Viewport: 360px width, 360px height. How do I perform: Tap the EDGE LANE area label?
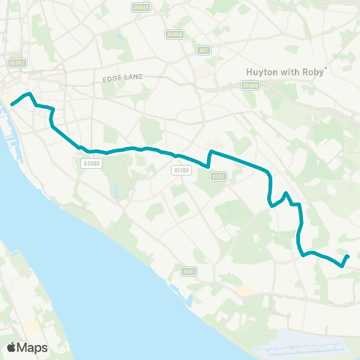(x=124, y=77)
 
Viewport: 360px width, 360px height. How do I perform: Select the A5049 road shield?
(x=139, y=7)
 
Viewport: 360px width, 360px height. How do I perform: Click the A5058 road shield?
(x=175, y=34)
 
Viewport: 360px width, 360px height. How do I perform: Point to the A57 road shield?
(x=203, y=50)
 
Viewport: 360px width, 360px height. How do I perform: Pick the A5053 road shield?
(x=17, y=64)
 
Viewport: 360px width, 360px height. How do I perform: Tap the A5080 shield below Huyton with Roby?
(x=251, y=85)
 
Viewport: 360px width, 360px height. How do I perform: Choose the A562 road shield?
(x=218, y=177)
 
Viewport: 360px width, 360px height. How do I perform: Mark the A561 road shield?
(x=189, y=271)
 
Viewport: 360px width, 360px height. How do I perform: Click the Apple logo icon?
(x=12, y=347)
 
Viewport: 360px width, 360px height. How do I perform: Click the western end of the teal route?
(x=12, y=104)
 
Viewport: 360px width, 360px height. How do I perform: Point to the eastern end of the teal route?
(x=348, y=257)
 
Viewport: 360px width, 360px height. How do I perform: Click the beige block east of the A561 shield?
(x=245, y=289)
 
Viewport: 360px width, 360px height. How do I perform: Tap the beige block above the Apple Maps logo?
(x=32, y=328)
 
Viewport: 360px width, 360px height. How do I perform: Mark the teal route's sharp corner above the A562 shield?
(x=209, y=153)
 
